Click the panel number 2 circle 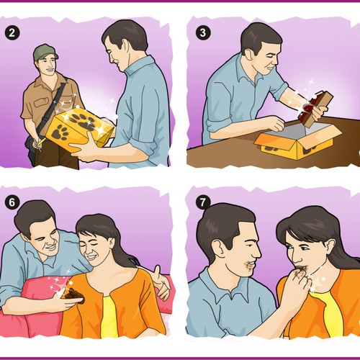pos(12,32)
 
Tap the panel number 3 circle pos(203,32)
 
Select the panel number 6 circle pos(12,202)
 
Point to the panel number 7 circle pos(203,202)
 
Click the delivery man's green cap pos(45,52)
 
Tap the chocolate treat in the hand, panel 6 pos(74,294)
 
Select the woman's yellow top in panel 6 pos(109,317)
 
